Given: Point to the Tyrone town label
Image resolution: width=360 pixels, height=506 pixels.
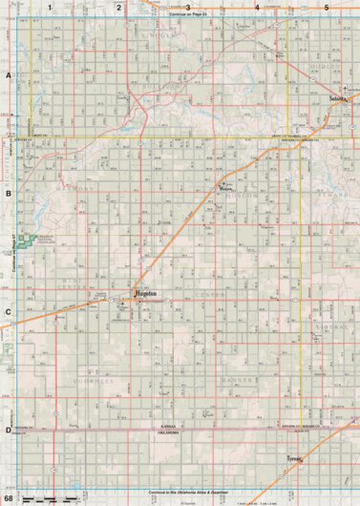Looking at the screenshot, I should point(293,459).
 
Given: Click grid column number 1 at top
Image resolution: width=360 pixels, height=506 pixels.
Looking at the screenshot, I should point(49,7).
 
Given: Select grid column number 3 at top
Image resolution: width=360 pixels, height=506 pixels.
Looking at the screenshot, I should point(188,7).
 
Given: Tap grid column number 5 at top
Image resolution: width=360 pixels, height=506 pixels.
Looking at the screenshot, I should point(327,7).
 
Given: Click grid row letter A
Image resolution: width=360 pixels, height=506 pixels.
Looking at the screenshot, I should point(8,74).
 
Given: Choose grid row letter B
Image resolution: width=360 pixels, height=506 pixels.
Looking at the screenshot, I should point(8,192).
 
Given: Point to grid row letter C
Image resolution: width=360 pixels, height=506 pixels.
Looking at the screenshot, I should point(8,311).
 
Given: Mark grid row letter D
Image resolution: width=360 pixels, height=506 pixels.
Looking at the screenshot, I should point(8,430).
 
